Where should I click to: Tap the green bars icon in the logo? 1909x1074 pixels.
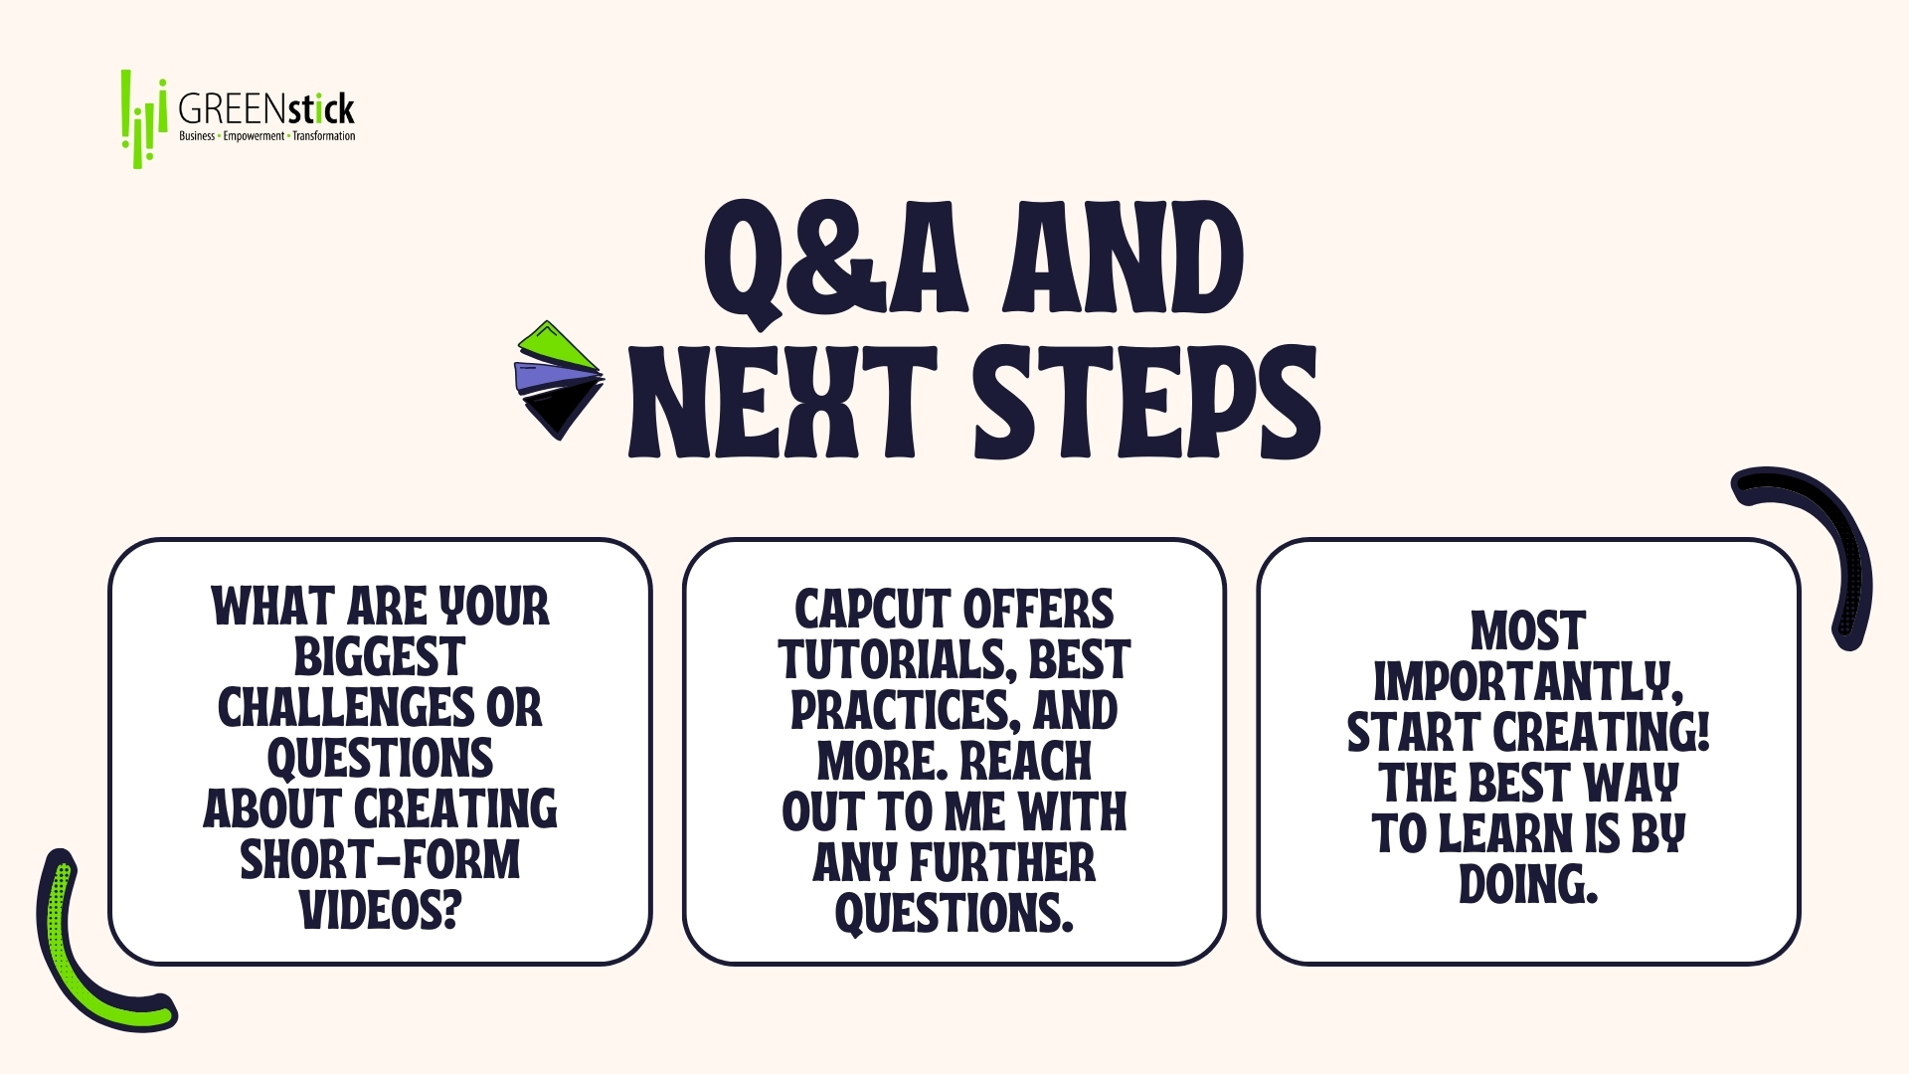coord(143,118)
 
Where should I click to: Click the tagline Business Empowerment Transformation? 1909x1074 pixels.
coord(266,136)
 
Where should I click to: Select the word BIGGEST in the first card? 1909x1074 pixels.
coord(380,657)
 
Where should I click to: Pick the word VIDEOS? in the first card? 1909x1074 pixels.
coord(381,910)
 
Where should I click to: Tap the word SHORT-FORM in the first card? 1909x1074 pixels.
coord(380,860)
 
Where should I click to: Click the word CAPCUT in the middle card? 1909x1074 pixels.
coord(872,610)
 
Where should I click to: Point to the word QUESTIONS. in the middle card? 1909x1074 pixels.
coord(954,913)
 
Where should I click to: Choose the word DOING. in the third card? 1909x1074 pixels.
coord(1528,884)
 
